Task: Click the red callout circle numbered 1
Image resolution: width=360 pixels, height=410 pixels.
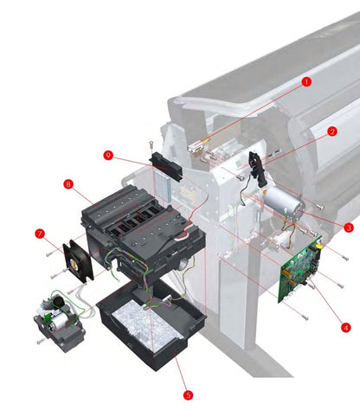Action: click(305, 81)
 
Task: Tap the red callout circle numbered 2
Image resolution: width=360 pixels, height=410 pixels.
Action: click(331, 132)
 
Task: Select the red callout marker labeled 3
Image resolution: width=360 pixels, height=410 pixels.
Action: click(347, 228)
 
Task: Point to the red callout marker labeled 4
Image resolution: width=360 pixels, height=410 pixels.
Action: click(344, 327)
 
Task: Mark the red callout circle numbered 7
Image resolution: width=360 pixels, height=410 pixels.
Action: click(39, 234)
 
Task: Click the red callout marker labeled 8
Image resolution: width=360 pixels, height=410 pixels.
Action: click(67, 183)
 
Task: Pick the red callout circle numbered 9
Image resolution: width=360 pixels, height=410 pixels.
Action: click(108, 155)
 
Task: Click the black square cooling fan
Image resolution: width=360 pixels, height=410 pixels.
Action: click(80, 257)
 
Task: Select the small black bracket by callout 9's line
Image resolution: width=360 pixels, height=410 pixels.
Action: click(166, 166)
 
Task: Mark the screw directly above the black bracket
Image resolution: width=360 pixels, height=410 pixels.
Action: click(152, 143)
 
